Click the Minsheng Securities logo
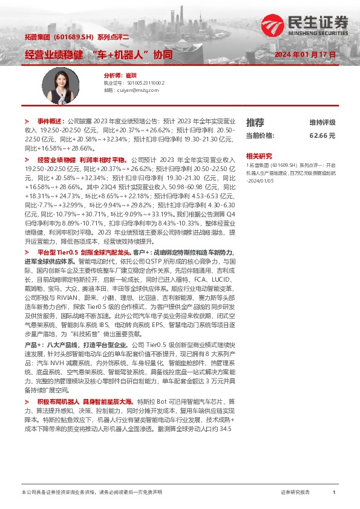coord(305,24)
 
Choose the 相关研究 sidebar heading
coord(259,155)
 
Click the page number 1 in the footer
coord(333,493)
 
